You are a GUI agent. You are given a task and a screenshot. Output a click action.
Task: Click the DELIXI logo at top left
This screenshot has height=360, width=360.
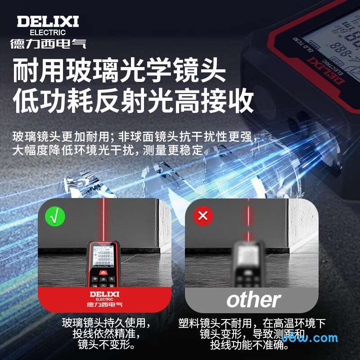[x=48, y=21]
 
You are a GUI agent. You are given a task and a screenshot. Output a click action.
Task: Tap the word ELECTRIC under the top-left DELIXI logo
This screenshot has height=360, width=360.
[x=48, y=32]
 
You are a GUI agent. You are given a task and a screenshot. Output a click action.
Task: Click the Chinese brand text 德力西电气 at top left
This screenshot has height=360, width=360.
[x=48, y=43]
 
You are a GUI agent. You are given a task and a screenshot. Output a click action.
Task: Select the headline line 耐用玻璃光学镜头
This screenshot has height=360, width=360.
[x=119, y=71]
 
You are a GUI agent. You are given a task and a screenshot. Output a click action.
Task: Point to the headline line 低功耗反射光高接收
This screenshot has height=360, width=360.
[x=133, y=102]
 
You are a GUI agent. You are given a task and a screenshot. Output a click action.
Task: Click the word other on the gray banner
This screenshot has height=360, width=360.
[x=253, y=300]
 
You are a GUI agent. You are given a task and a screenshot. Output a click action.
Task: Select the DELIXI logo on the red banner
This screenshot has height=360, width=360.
[x=104, y=294]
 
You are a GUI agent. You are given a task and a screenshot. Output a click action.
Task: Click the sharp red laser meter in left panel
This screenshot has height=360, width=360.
[x=104, y=265]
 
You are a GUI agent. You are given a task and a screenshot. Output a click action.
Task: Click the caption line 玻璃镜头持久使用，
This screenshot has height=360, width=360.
[x=106, y=324]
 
